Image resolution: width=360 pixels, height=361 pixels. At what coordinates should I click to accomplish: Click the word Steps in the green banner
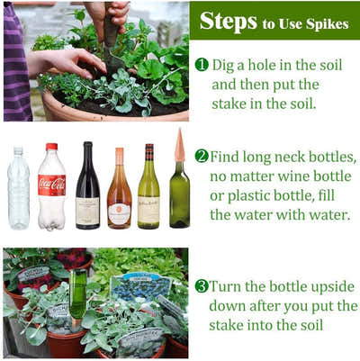pos(229,22)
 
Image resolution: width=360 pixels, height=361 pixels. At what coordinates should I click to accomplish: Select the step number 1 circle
pos(202,65)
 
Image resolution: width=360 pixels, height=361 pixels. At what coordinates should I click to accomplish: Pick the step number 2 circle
pos(202,157)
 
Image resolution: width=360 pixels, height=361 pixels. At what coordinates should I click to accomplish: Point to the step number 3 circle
pos(202,286)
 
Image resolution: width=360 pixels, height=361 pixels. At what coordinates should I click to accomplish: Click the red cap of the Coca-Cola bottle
pos(51,147)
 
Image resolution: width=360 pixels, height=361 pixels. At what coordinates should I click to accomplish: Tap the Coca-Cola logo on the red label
pos(51,184)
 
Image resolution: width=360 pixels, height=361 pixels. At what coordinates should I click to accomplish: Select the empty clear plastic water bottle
pos(19,188)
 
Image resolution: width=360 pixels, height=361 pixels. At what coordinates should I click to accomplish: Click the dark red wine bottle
pos(87,185)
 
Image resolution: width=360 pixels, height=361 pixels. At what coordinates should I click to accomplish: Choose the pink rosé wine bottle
pos(120,188)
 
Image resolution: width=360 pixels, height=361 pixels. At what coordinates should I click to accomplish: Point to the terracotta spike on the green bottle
pos(179,145)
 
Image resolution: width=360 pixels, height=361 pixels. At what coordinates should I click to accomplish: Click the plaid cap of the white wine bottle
pos(149,152)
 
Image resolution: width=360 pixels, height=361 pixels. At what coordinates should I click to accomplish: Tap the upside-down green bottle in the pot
pos(79,293)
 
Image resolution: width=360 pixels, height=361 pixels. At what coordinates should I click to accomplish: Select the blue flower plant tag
pos(140,286)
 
